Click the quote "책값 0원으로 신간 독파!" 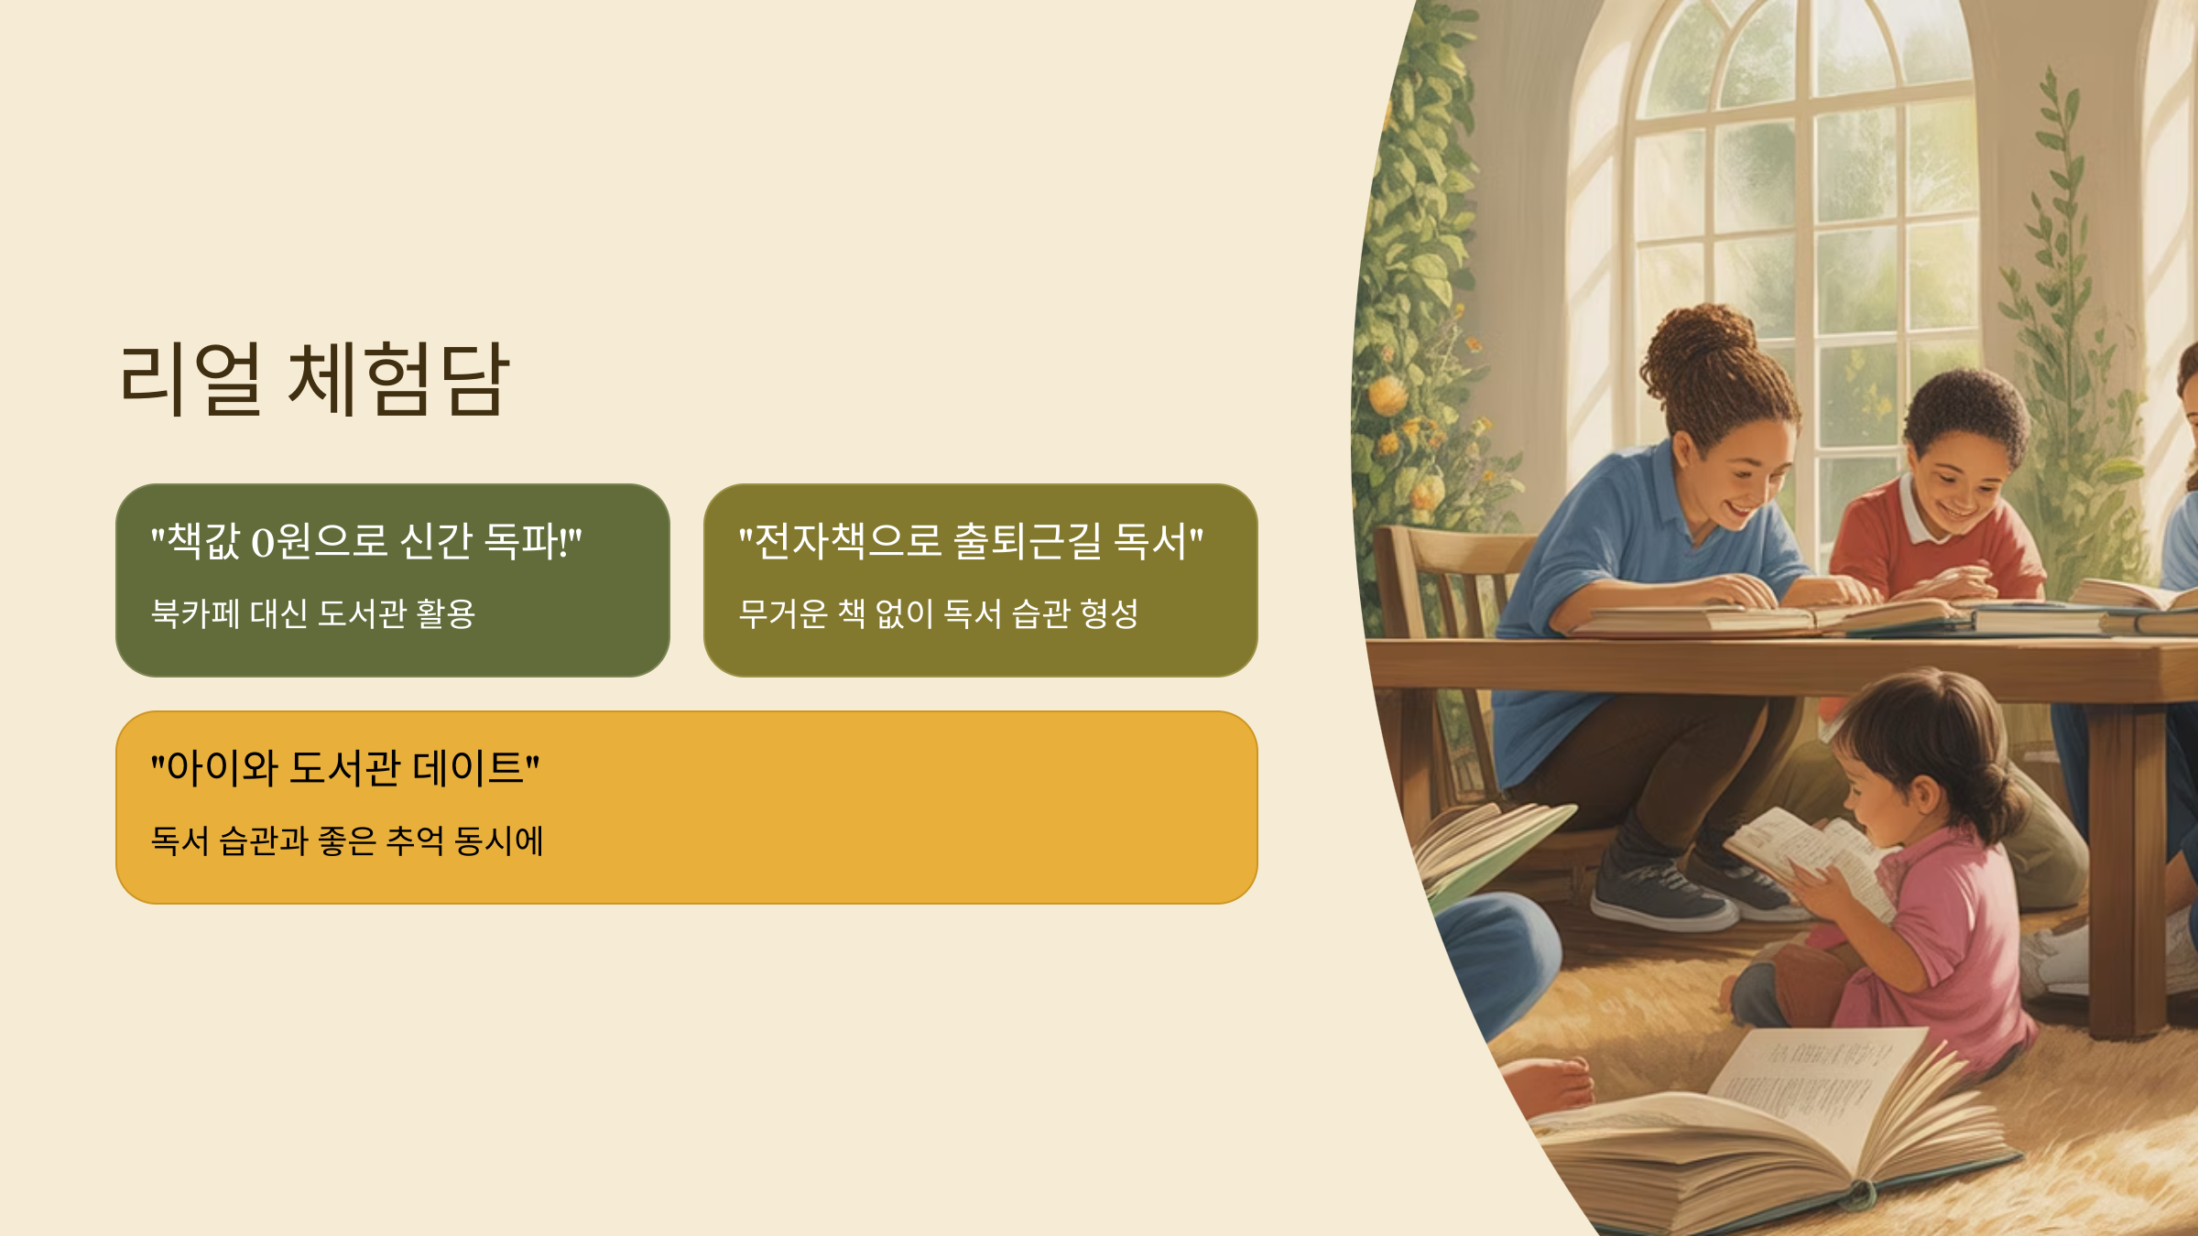[x=365, y=541]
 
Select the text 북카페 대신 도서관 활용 [x=312, y=613]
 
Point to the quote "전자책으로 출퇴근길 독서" [x=971, y=541]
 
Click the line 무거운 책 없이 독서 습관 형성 [x=938, y=613]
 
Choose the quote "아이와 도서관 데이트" [x=345, y=768]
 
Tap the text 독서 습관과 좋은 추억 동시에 [x=347, y=840]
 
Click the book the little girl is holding [x=1809, y=856]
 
